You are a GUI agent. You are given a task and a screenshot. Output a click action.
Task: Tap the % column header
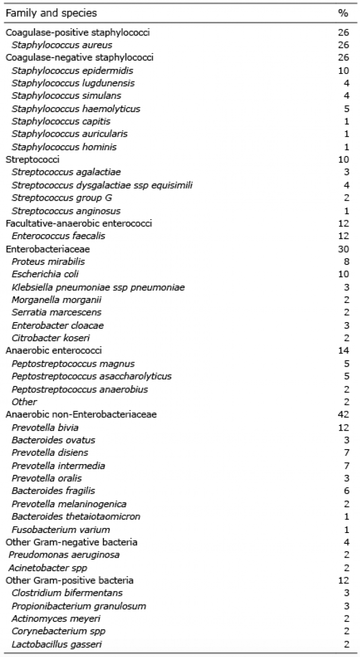pyautogui.click(x=343, y=13)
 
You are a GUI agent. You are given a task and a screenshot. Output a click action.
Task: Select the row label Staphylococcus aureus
pyautogui.click(x=62, y=45)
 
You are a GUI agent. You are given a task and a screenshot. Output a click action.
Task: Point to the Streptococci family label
pyautogui.click(x=32, y=159)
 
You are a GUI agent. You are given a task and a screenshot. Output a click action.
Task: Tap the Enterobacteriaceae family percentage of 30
pyautogui.click(x=344, y=249)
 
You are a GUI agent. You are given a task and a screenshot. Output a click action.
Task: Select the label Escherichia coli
pyautogui.click(x=45, y=274)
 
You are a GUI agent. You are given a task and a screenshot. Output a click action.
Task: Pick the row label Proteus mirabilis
pyautogui.click(x=48, y=262)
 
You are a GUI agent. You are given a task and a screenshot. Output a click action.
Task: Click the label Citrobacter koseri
pyautogui.click(x=50, y=338)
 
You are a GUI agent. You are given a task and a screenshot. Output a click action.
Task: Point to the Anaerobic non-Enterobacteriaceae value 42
pyautogui.click(x=344, y=415)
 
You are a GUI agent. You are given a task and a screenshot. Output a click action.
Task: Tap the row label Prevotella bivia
pyautogui.click(x=45, y=428)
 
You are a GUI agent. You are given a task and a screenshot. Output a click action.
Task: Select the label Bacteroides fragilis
pyautogui.click(x=53, y=491)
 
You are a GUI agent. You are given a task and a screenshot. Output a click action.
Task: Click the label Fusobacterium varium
pyautogui.click(x=61, y=529)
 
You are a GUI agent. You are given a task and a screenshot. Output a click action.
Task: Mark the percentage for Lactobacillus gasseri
pyautogui.click(x=346, y=644)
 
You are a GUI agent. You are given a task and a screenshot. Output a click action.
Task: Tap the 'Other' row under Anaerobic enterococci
pyautogui.click(x=24, y=402)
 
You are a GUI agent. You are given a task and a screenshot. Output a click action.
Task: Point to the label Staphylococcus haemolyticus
pyautogui.click(x=76, y=109)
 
